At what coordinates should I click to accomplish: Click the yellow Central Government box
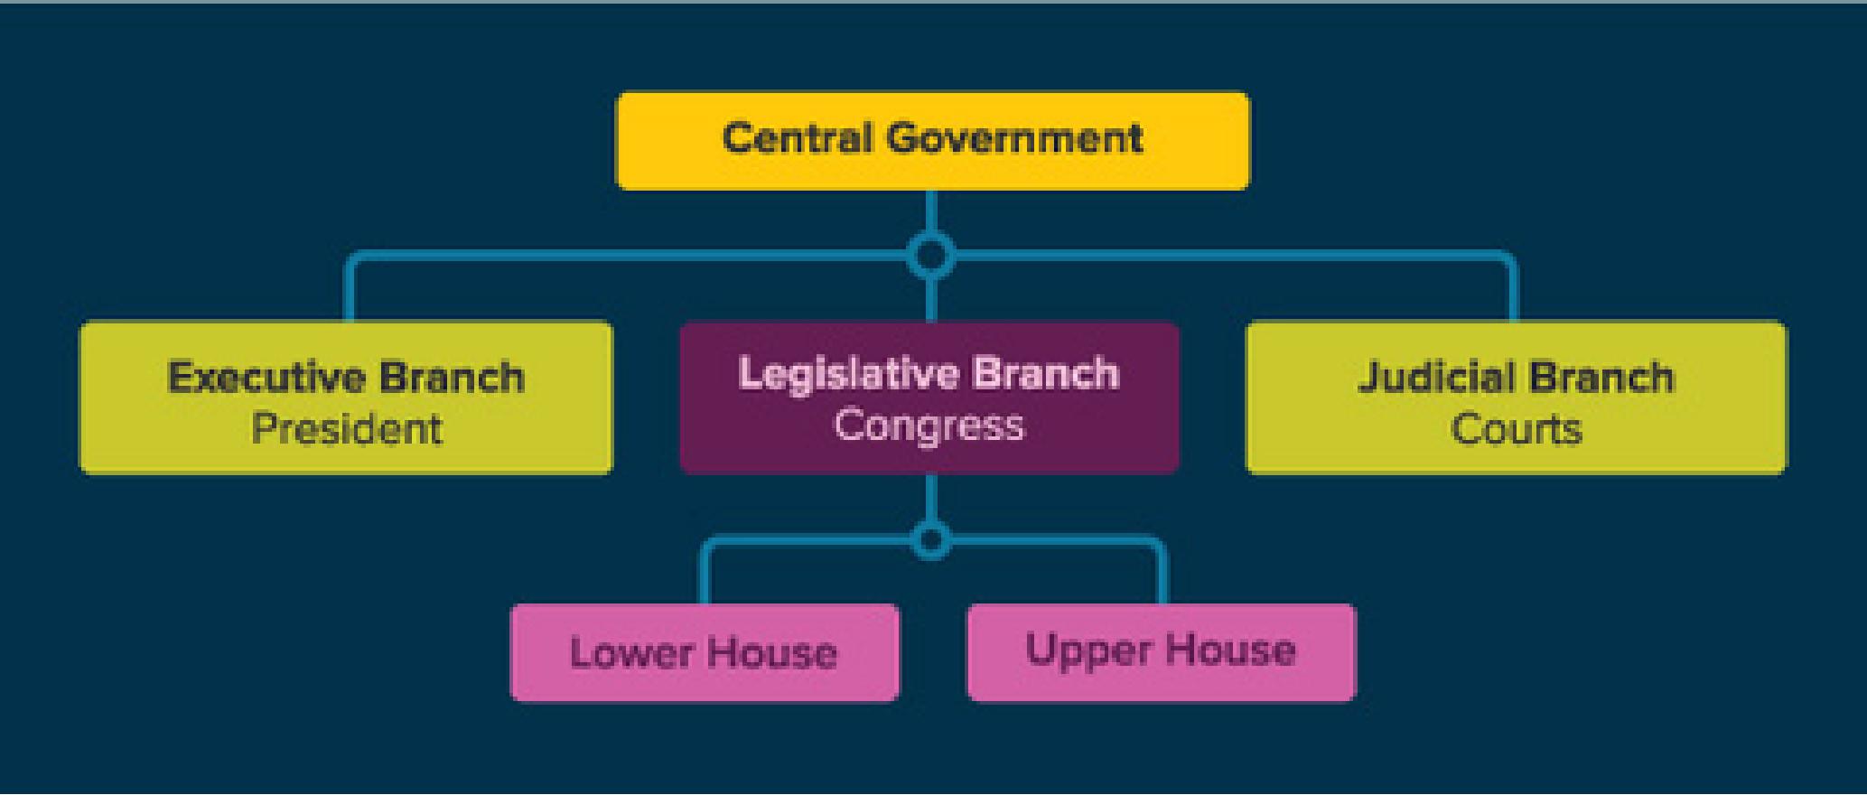click(933, 141)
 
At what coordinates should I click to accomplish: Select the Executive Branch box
click(346, 397)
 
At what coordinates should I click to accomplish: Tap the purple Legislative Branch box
click(929, 397)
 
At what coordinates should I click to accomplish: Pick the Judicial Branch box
click(1517, 397)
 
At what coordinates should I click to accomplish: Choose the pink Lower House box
click(705, 652)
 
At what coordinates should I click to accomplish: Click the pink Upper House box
click(1162, 652)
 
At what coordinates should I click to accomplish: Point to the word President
click(347, 428)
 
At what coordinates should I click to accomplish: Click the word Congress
click(929, 425)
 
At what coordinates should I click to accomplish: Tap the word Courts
click(1517, 428)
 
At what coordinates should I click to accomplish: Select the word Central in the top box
click(798, 138)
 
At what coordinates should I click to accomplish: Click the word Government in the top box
click(1014, 138)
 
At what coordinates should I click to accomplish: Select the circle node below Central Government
click(931, 256)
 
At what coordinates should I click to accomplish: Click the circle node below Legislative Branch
click(931, 540)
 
